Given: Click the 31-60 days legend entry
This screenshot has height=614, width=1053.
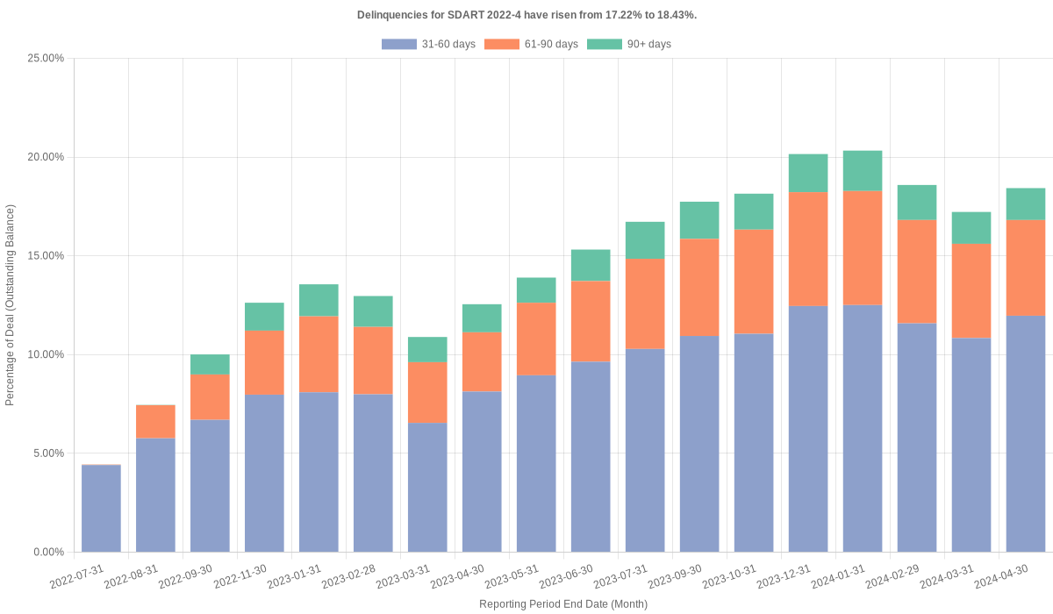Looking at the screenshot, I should click(428, 44).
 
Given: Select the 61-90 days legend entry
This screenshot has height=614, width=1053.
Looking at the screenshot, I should click(531, 44).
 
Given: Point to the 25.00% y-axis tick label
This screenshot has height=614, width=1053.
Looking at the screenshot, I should click(47, 58).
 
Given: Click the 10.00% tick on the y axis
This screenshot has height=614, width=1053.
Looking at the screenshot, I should click(47, 354).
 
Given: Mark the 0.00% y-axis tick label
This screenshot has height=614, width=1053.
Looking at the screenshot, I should click(49, 552).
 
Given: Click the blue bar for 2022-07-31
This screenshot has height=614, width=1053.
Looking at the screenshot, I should click(101, 509).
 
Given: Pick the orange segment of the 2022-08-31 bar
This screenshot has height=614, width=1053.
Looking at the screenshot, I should click(155, 422).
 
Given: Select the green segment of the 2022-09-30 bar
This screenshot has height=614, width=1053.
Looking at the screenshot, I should click(210, 365).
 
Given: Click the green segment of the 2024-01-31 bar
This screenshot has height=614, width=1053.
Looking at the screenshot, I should click(863, 171).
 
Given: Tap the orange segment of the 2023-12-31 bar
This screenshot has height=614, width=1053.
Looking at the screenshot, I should click(808, 249).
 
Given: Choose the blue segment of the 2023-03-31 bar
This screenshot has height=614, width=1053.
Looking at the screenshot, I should click(427, 487).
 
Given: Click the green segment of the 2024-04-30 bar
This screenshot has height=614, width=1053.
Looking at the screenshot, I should click(1026, 204).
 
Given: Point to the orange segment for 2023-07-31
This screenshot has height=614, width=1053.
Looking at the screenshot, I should click(645, 303).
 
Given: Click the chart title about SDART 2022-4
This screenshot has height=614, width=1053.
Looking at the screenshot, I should click(526, 15).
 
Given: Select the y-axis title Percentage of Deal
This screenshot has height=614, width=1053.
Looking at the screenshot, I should click(11, 305).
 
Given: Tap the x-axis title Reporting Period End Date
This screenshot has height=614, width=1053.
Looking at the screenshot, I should click(562, 603).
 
